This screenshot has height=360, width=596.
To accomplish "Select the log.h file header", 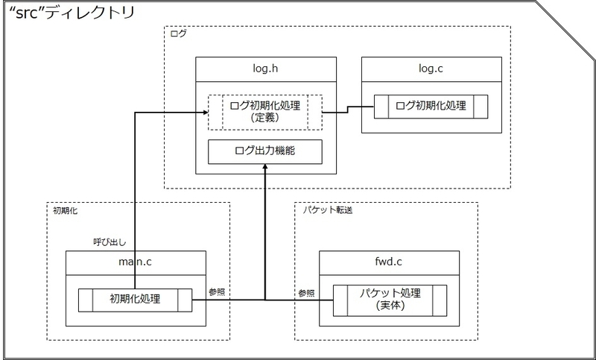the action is tap(266, 69).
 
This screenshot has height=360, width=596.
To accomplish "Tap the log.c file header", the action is tap(431, 69).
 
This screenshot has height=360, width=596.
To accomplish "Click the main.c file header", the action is tap(136, 262).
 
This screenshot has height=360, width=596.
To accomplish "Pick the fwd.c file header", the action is tap(389, 262).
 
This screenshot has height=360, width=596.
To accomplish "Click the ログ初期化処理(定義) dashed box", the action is tap(265, 113).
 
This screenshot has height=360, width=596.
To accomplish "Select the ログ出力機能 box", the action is tap(265, 152).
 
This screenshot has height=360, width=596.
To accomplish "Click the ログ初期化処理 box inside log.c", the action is tap(431, 107).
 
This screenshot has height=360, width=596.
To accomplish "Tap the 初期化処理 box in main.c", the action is tap(135, 300).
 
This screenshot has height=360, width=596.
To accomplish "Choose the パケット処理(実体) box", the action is tap(390, 300).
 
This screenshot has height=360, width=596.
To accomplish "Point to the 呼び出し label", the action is tap(110, 242).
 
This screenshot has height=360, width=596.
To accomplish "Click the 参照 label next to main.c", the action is tap(217, 292).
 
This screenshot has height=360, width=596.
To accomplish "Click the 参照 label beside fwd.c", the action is tap(306, 294).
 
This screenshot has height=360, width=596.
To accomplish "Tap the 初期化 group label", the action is tap(65, 210).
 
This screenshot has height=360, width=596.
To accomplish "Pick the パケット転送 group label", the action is tap(328, 210).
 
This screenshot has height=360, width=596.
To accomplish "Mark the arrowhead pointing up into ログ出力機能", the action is tap(265, 167).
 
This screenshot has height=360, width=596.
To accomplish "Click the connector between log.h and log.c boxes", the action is tap(348, 110).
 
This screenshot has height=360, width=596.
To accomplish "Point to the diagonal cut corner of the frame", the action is tap(565, 31).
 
